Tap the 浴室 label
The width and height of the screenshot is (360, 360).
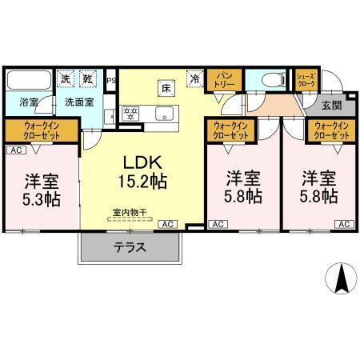pos(29,102)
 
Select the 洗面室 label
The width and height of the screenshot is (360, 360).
pos(79,102)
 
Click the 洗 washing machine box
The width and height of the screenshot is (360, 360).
pos(67,79)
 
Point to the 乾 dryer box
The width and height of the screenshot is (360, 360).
pos(89,79)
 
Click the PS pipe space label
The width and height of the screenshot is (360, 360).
pos(111,80)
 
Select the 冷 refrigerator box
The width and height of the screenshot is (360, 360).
pos(194,79)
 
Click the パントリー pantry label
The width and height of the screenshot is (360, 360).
pos(224,82)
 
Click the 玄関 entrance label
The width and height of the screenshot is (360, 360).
pos(331,105)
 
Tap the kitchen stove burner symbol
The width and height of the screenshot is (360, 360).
pos(130,112)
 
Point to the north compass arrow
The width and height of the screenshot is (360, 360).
pos(341,278)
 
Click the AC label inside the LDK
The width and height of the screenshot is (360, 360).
pos(169,225)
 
